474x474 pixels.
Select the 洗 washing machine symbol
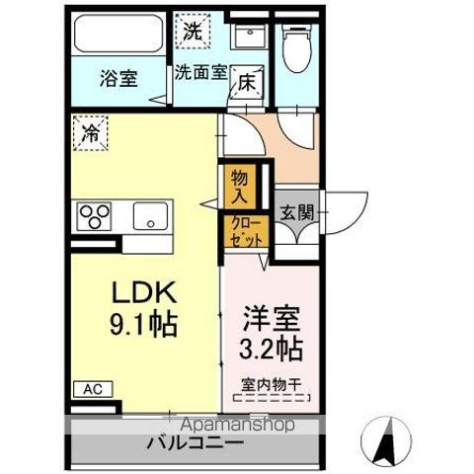pyautogui.click(x=193, y=32)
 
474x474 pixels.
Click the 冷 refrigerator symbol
pyautogui.click(x=90, y=129)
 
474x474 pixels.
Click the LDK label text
pyautogui.click(x=142, y=293)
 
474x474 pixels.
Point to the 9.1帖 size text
pyautogui.click(x=142, y=325)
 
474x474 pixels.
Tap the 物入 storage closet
pyautogui.click(x=241, y=185)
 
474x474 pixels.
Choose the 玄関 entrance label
pyautogui.click(x=296, y=210)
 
